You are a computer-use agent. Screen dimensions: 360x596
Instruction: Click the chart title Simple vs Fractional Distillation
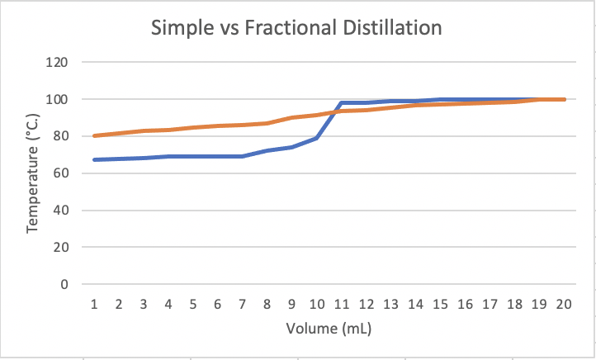tap(297, 28)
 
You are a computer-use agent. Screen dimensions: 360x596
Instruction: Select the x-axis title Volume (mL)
tap(329, 329)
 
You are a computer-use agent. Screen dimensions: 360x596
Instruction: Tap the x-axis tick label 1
tap(94, 304)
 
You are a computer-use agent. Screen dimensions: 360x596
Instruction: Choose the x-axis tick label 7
tap(243, 304)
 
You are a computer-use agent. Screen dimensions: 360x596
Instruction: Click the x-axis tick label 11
tap(342, 304)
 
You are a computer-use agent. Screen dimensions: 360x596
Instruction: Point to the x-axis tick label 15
tap(441, 304)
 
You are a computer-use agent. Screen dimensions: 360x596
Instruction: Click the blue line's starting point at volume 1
tap(94, 159)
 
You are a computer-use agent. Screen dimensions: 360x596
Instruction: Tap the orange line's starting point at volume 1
tap(94, 135)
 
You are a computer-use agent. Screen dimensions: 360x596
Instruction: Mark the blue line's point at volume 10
tap(317, 138)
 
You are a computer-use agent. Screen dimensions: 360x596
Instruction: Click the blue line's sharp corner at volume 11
tap(342, 103)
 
